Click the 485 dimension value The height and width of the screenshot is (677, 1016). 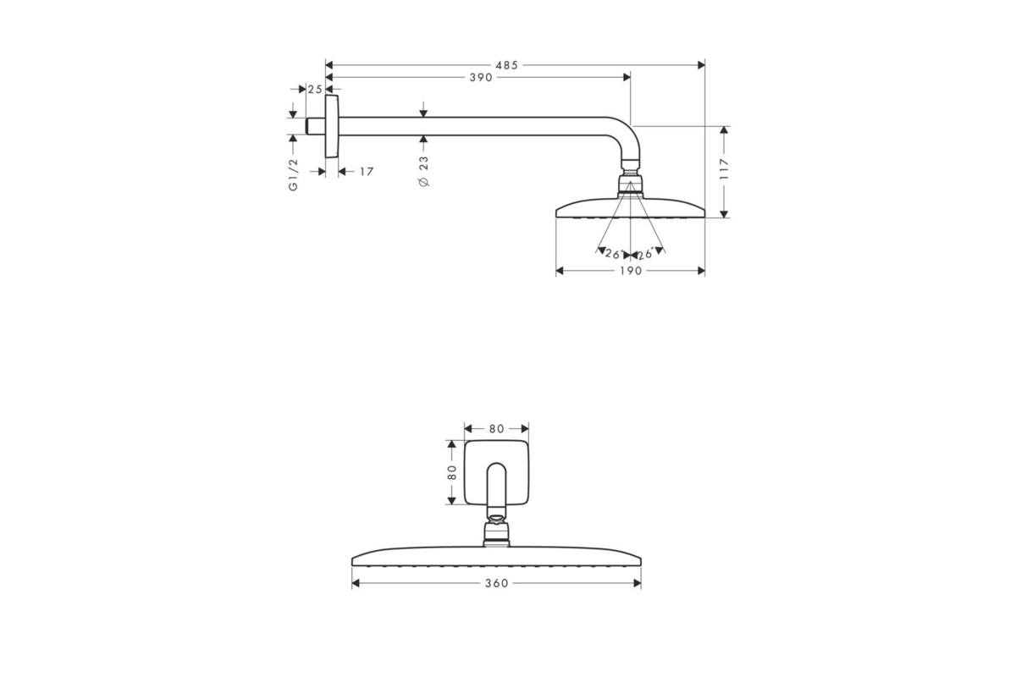click(x=506, y=65)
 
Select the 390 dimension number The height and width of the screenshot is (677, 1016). click(x=481, y=78)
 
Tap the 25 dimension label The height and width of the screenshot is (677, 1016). click(x=315, y=90)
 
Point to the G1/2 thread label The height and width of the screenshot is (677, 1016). click(x=294, y=174)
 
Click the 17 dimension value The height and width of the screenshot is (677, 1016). click(x=367, y=172)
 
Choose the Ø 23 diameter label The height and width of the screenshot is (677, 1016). click(x=423, y=172)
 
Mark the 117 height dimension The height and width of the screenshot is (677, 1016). click(x=724, y=168)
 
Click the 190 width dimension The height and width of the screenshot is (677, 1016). click(x=631, y=271)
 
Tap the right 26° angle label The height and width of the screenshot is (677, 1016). click(x=645, y=254)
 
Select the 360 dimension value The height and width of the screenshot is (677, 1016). click(x=497, y=583)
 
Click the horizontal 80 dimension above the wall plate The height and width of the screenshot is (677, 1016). click(x=497, y=428)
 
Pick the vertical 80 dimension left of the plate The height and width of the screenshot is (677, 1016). click(x=452, y=472)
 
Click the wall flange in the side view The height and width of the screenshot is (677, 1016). click(x=332, y=126)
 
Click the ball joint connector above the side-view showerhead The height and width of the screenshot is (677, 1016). click(x=630, y=183)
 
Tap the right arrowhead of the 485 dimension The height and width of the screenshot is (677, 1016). click(x=701, y=65)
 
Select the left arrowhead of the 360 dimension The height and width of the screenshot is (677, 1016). click(x=356, y=583)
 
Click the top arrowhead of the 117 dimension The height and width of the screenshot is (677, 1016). click(x=724, y=130)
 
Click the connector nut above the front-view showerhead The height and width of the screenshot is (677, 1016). click(x=496, y=534)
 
